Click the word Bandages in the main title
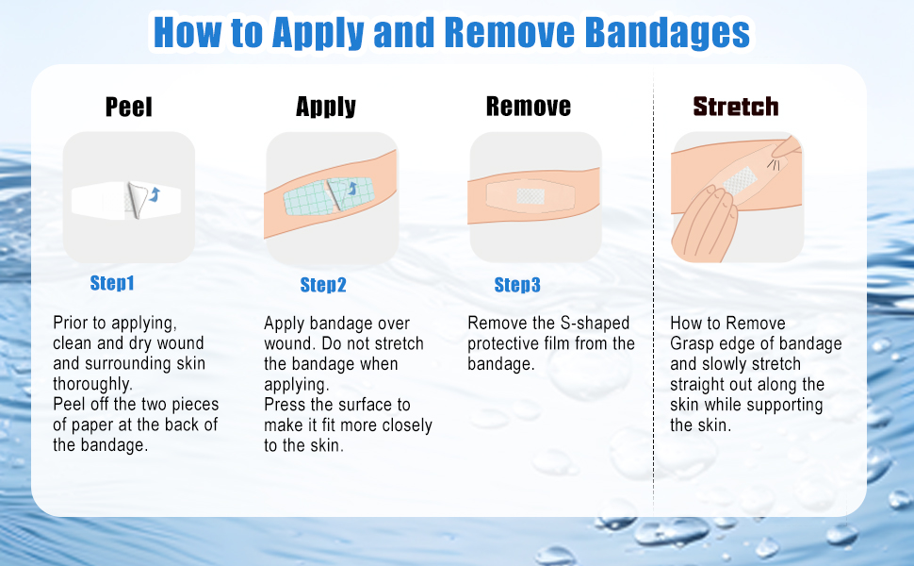point(667,32)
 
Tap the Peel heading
point(129,107)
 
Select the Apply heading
point(326,107)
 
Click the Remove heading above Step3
point(529,107)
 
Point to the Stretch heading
point(736,107)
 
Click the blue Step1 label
point(112,283)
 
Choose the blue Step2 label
point(323,285)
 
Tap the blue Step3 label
point(517,285)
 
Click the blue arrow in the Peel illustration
point(155,194)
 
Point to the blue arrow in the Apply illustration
point(352,189)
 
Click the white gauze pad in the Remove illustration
point(531,195)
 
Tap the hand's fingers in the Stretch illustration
point(701,223)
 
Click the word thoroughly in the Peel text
point(92,384)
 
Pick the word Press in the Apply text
point(286,405)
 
